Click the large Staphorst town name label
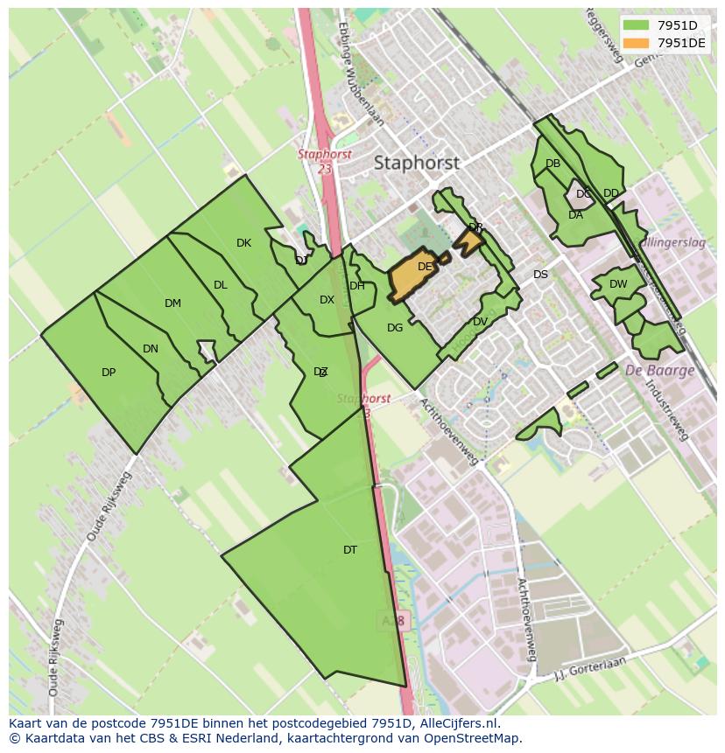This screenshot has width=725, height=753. point(416,163)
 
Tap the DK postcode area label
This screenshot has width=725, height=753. point(243,243)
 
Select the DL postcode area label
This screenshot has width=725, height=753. point(220,285)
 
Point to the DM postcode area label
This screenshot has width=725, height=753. point(172,303)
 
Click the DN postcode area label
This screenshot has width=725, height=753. point(151,349)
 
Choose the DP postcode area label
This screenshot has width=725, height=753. point(109,373)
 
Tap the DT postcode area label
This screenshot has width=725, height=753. point(350,550)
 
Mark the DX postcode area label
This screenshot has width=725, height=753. point(327,300)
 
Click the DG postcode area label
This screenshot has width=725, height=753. point(395,328)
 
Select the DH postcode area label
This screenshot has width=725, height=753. point(357,286)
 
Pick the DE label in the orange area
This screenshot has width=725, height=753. point(425,267)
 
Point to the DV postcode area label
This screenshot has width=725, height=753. point(480,322)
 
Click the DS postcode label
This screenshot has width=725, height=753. point(540,275)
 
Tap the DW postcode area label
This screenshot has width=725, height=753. point(618,284)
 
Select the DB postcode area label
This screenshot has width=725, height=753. point(553,164)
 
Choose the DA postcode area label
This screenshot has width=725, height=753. point(575,215)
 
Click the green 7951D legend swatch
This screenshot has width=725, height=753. point(636,25)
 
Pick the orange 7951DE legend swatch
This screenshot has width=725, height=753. point(636,43)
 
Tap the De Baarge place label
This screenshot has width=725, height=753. point(659,370)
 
